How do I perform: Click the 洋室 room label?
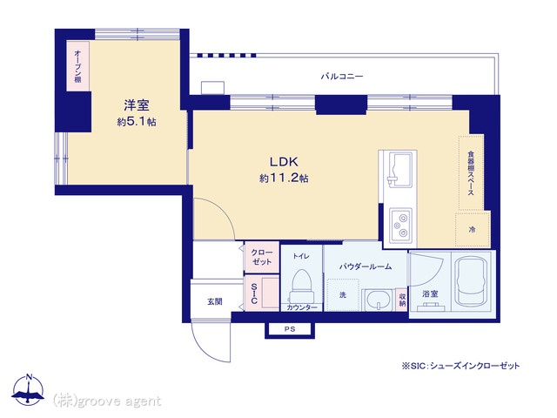pyautogui.click(x=137, y=105)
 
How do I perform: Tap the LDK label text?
pyautogui.click(x=284, y=162)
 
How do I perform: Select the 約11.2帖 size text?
pyautogui.click(x=284, y=178)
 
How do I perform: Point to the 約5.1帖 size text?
pyautogui.click(x=137, y=122)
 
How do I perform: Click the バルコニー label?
pyautogui.click(x=342, y=76)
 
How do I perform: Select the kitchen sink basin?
pyautogui.click(x=401, y=168)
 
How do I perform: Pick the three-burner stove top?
pyautogui.click(x=401, y=225)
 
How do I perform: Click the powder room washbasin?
pyautogui.click(x=378, y=300)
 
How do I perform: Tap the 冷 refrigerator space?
pyautogui.click(x=473, y=229)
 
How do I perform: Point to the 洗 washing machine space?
pyautogui.click(x=343, y=295)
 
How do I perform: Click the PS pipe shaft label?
pyautogui.click(x=290, y=329)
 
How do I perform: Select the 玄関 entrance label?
pyautogui.click(x=215, y=302)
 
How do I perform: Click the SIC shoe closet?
pyautogui.click(x=261, y=293)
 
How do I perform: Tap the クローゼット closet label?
pyautogui.click(x=261, y=257)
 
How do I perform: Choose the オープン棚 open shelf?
pyautogui.click(x=77, y=66)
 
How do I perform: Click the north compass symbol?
pyautogui.click(x=28, y=390)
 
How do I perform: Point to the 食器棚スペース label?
pyautogui.click(x=471, y=173)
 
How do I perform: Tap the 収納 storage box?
pyautogui.click(x=402, y=300)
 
